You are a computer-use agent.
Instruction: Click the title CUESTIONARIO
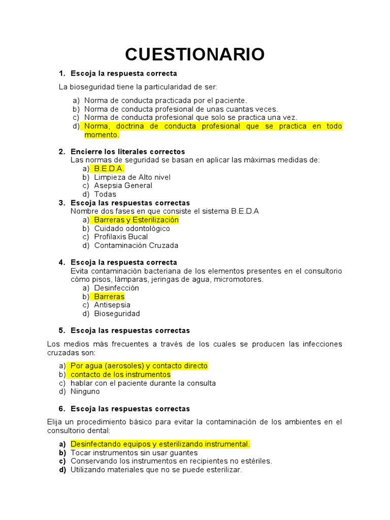point(194,54)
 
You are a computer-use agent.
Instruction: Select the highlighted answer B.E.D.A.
point(109,169)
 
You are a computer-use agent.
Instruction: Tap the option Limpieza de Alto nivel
point(132,177)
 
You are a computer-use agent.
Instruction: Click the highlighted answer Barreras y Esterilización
point(136,220)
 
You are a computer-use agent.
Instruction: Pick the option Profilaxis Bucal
point(121,237)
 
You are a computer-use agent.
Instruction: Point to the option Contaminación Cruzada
point(136,245)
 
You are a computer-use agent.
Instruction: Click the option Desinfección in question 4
point(116,288)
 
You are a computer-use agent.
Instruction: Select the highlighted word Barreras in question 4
point(109,297)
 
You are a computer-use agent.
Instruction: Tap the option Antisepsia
point(112,305)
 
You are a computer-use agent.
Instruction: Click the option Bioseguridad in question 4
point(117,313)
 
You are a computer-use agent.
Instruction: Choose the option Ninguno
point(85,392)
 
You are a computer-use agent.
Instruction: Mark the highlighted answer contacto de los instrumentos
point(120,374)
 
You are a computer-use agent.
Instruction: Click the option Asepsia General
point(123,185)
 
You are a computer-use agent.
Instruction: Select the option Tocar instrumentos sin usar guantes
point(134,452)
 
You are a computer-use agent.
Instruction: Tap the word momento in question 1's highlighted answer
point(101,135)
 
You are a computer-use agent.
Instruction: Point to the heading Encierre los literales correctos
point(128,151)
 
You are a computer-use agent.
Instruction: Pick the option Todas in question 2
point(105,194)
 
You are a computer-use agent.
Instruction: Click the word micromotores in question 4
point(238,279)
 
